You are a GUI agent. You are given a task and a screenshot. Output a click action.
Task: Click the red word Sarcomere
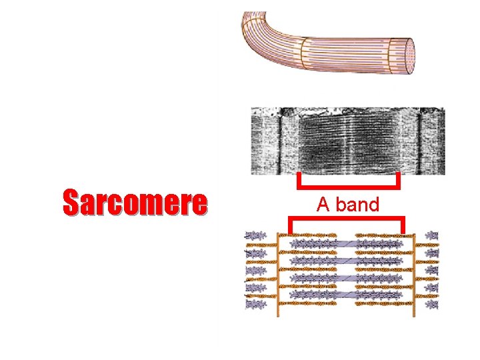point(135,203)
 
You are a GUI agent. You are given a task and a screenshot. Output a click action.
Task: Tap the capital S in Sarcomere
point(71,203)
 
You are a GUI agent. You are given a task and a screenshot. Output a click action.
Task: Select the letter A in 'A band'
point(323,205)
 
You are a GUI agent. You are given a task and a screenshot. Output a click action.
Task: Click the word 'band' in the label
point(357,205)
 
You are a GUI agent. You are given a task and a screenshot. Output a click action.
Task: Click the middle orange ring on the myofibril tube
point(304,50)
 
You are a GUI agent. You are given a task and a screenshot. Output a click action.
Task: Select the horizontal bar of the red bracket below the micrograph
point(348,186)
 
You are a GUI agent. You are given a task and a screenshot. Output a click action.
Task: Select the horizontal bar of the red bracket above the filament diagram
point(347,219)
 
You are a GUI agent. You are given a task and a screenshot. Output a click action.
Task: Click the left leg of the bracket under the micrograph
point(299,180)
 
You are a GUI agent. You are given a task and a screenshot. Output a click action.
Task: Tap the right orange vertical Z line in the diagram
point(415,273)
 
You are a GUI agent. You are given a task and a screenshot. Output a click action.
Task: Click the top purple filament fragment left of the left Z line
point(255,235)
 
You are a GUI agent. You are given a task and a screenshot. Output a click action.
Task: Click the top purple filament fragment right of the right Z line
point(432,235)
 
